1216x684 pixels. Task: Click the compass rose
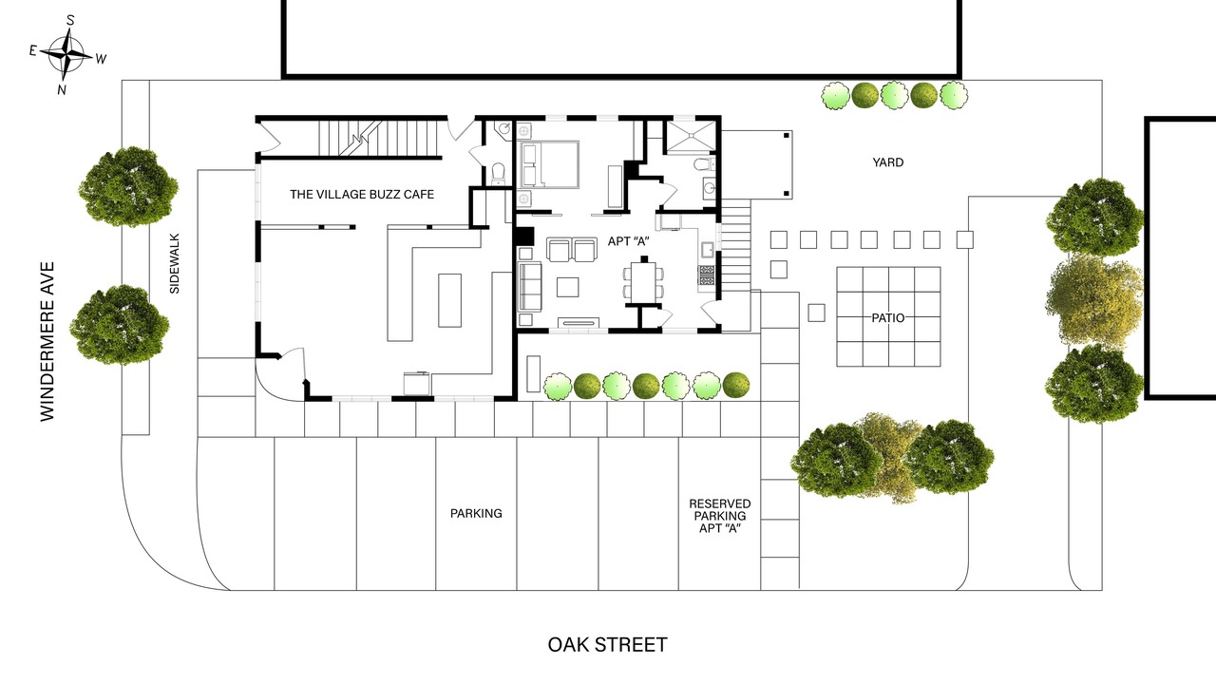(66, 54)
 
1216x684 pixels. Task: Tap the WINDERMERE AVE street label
(47, 341)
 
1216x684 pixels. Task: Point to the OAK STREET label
(607, 645)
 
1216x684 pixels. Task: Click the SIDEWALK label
(174, 264)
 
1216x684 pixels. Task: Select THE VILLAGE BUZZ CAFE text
(362, 195)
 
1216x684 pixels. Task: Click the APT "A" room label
(628, 241)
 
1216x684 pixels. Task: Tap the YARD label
(887, 162)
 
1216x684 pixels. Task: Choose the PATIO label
(888, 318)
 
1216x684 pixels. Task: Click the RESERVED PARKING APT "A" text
(720, 516)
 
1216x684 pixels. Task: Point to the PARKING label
(476, 514)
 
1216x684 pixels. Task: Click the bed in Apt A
(548, 164)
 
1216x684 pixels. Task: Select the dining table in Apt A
(643, 282)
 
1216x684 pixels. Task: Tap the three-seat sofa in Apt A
(530, 287)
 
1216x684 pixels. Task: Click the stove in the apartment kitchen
(706, 275)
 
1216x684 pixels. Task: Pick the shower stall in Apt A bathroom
(691, 135)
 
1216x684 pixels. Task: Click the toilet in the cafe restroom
(498, 173)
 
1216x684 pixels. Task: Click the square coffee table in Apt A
(567, 287)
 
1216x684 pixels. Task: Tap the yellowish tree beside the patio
(1093, 300)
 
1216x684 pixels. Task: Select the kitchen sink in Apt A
(707, 250)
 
